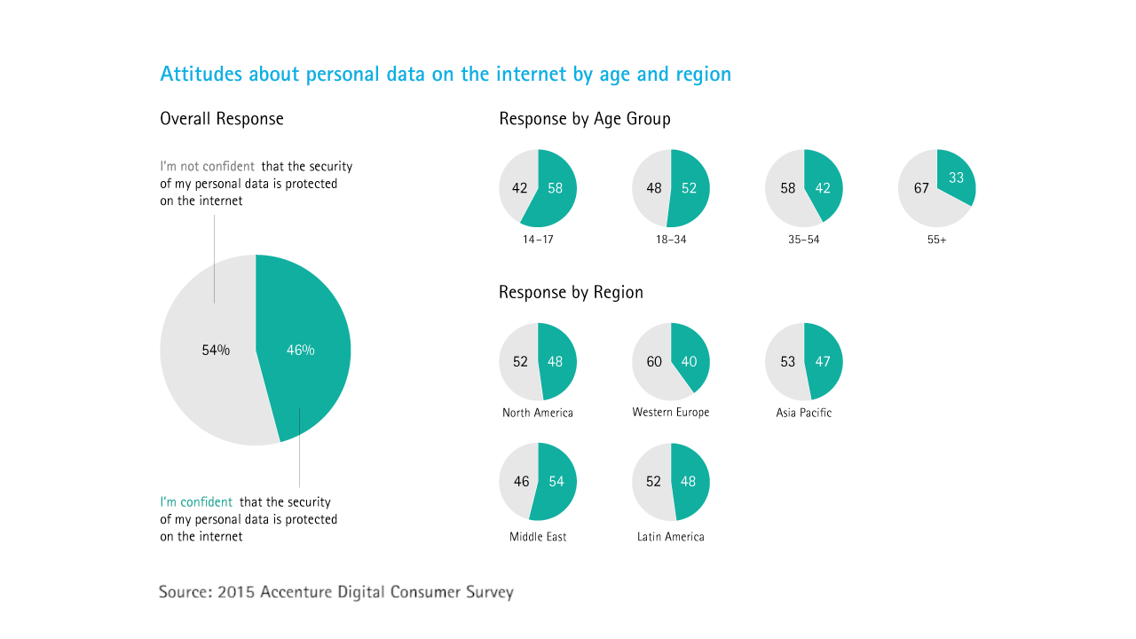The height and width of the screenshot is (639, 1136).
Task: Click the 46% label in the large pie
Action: tap(300, 350)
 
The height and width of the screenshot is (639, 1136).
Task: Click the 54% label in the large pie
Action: tap(216, 350)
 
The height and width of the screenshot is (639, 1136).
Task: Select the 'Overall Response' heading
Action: tap(222, 119)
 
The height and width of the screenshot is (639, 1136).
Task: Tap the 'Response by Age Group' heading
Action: tap(585, 119)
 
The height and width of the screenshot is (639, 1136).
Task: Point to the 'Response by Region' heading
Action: tap(571, 292)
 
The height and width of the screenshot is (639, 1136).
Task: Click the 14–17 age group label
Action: tap(538, 240)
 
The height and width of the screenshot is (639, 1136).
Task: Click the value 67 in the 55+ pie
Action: tap(921, 188)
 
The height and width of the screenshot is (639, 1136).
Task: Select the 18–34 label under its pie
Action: tap(671, 240)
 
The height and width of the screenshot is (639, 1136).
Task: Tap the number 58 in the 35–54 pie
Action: tap(788, 188)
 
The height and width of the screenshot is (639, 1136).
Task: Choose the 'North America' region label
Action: tap(538, 413)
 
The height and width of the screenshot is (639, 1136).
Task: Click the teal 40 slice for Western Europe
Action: tap(690, 361)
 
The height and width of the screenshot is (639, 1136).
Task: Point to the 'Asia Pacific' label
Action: tap(804, 413)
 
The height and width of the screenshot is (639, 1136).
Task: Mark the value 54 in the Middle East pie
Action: tap(556, 481)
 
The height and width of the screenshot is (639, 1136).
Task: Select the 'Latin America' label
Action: tap(671, 537)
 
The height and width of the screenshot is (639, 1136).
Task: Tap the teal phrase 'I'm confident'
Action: tap(196, 502)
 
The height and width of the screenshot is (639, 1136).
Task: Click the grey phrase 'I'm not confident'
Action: tap(208, 166)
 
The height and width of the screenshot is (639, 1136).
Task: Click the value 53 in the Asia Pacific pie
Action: tap(787, 361)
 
